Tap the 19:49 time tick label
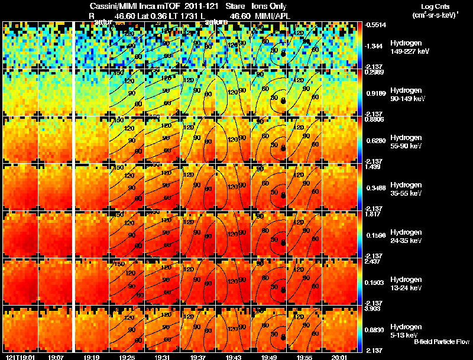click(x=269, y=357)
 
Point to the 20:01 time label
click(x=339, y=357)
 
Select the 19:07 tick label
click(x=57, y=357)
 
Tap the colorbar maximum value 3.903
click(x=373, y=309)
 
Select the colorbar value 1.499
click(x=373, y=167)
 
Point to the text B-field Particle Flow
click(x=440, y=342)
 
